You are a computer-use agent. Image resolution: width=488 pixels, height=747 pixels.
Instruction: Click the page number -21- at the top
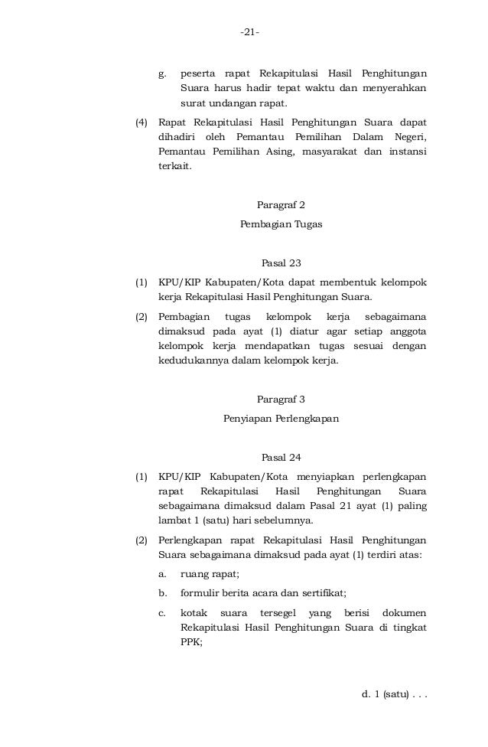249,32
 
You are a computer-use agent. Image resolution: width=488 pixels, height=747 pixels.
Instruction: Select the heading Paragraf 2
281,205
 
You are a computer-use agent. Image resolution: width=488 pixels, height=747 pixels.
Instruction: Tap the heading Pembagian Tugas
281,225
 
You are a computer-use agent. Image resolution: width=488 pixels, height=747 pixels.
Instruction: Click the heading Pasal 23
281,263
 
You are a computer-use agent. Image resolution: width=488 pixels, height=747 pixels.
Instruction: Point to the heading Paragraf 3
281,399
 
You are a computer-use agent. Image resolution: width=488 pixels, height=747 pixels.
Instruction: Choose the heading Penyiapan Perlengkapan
281,419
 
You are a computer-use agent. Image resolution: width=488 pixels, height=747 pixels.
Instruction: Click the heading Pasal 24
281,458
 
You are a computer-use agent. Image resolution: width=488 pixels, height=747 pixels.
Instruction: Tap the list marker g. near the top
162,74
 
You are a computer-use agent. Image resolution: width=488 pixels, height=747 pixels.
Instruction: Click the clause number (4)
141,122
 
